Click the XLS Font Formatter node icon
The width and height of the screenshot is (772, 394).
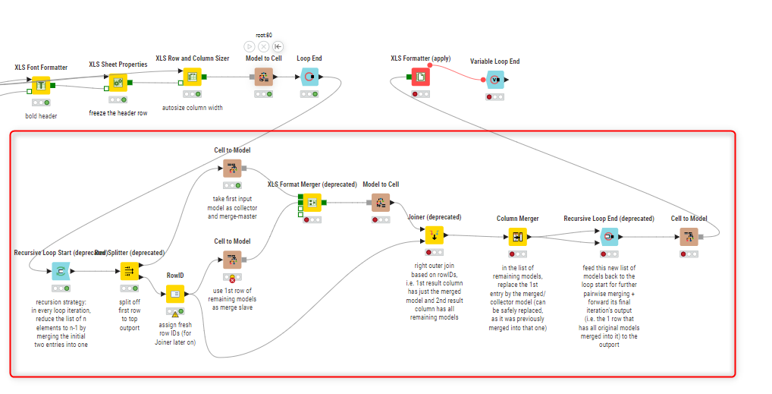point(41,85)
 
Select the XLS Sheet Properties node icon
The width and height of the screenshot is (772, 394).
point(118,82)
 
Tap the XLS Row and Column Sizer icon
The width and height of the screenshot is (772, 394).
point(192,77)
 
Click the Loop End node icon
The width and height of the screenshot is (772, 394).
point(309,77)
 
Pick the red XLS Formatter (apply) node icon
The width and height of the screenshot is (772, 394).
point(420,77)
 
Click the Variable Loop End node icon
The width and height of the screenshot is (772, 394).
point(494,80)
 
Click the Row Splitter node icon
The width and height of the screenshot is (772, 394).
point(129,271)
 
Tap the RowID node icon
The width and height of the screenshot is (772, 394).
point(175,294)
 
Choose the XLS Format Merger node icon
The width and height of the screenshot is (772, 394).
point(310,203)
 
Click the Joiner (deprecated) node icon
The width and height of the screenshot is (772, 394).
point(434,235)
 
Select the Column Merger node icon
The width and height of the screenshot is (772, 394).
point(517,237)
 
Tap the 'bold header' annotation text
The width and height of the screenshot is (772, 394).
point(41,116)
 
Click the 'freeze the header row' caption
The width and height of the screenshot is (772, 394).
point(118,114)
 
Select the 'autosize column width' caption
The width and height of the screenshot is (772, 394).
point(193,108)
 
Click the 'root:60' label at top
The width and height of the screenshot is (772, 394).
point(264,35)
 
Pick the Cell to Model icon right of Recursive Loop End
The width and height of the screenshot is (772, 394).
point(689,237)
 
